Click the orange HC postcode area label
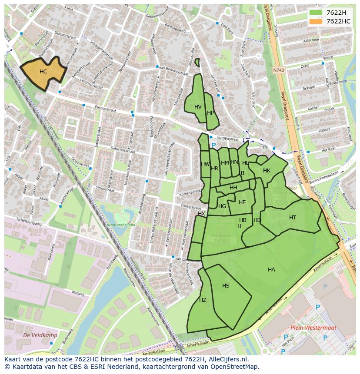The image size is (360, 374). tap(43, 72)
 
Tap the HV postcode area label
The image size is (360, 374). tap(198, 107)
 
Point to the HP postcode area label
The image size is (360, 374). tap(210, 113)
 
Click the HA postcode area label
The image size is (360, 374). tap(271, 270)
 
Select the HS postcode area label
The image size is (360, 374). tap(226, 286)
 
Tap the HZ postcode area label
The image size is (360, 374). tap(203, 300)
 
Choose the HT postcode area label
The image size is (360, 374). tap(293, 218)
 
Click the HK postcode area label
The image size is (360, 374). tap(267, 171)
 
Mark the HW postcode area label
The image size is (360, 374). tap(205, 164)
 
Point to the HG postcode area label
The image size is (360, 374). tap(222, 206)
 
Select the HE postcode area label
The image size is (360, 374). tap(242, 202)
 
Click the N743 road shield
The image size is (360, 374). tap(278, 70)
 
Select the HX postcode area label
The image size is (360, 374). tap(201, 214)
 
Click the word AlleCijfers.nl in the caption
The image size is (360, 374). tap(227, 360)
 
